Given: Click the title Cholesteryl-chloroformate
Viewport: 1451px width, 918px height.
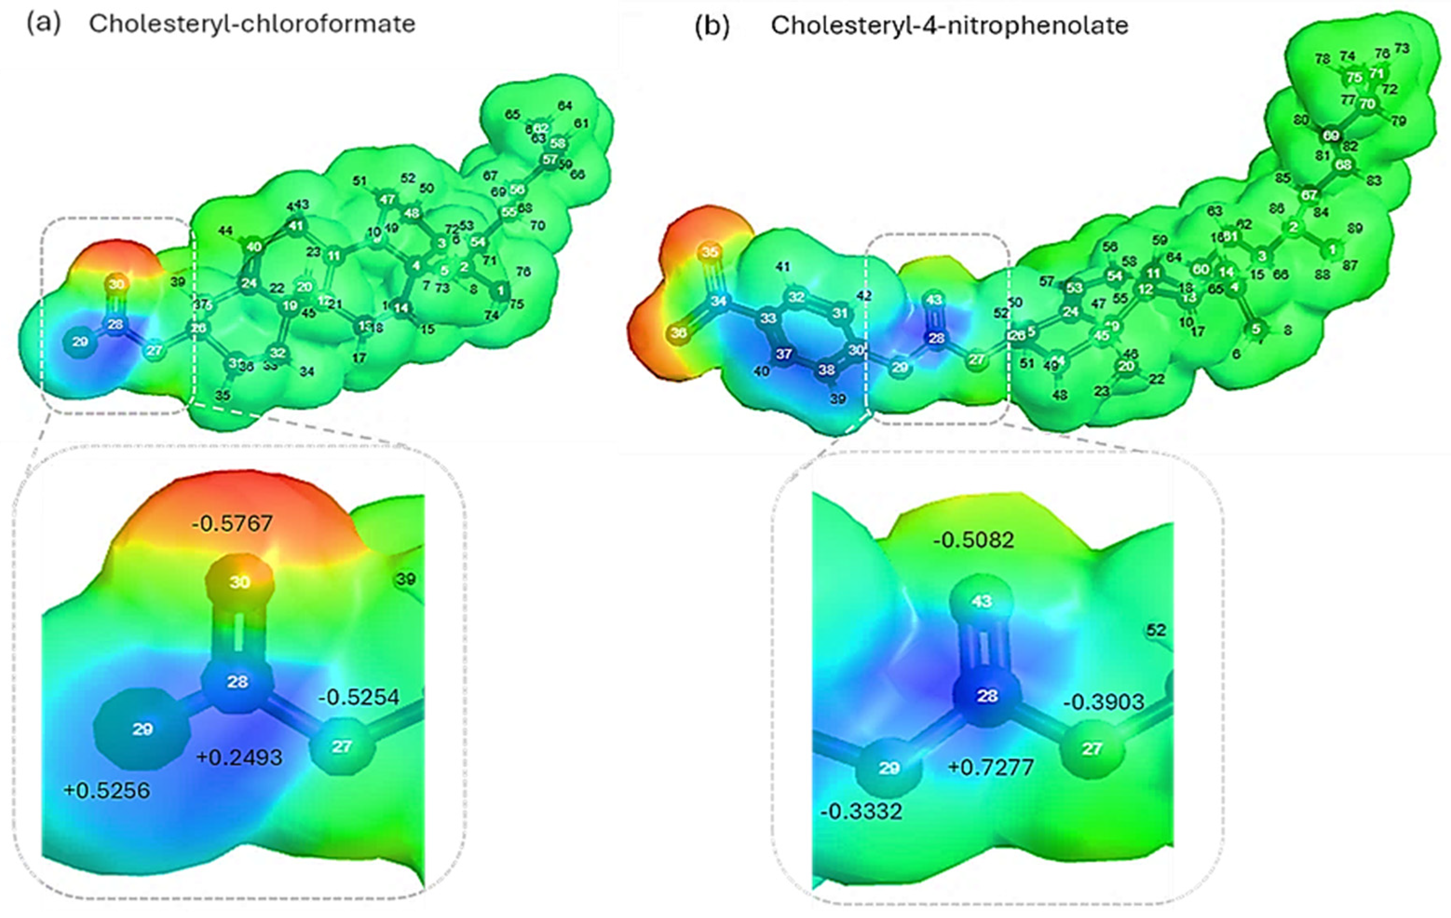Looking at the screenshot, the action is (x=252, y=24).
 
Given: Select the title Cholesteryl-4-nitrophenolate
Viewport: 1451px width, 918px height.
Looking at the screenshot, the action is (x=949, y=25).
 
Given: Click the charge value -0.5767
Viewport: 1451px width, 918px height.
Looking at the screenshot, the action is (x=232, y=523).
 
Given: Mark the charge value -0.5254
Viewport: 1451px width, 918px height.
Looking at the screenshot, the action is (x=359, y=697).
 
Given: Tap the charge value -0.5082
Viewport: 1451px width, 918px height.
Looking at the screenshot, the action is (x=973, y=540).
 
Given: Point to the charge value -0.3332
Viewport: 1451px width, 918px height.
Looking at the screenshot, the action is (x=861, y=811).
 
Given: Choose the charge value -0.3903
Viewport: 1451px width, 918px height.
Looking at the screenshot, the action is (x=1103, y=702).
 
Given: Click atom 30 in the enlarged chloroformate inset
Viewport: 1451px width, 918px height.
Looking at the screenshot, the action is (x=239, y=582).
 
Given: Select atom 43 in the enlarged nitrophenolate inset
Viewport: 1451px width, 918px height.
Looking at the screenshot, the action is (x=982, y=601).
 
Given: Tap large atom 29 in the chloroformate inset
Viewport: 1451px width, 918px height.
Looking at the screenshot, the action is (x=142, y=729).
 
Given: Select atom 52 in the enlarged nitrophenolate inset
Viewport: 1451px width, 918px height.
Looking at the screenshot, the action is (x=1156, y=630).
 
